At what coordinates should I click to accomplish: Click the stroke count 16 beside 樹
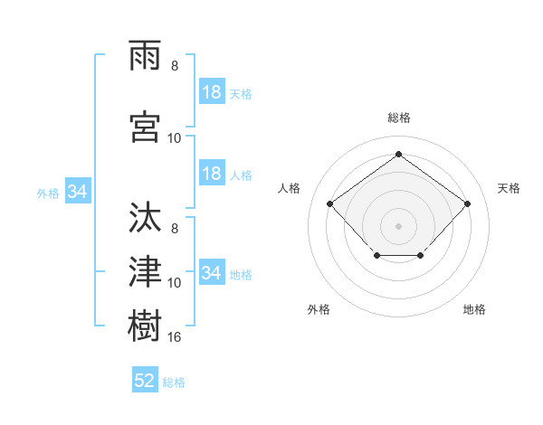(176, 337)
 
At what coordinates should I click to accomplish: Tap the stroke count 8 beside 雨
(175, 66)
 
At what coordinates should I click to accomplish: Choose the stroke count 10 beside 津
(175, 283)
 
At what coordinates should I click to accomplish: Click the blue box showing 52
(145, 381)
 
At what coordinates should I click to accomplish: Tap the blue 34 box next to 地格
(212, 273)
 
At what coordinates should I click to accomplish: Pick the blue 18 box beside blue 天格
(212, 92)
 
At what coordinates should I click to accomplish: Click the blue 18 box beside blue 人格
(212, 175)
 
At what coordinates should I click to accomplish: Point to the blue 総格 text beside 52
(174, 382)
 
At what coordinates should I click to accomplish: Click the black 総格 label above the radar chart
(399, 118)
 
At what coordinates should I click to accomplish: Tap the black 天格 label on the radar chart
(510, 188)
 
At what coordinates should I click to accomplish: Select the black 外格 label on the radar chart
(319, 309)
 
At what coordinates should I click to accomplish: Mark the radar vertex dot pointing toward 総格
(398, 154)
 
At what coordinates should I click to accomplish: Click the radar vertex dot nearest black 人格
(330, 204)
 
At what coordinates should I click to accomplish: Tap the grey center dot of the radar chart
(398, 225)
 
